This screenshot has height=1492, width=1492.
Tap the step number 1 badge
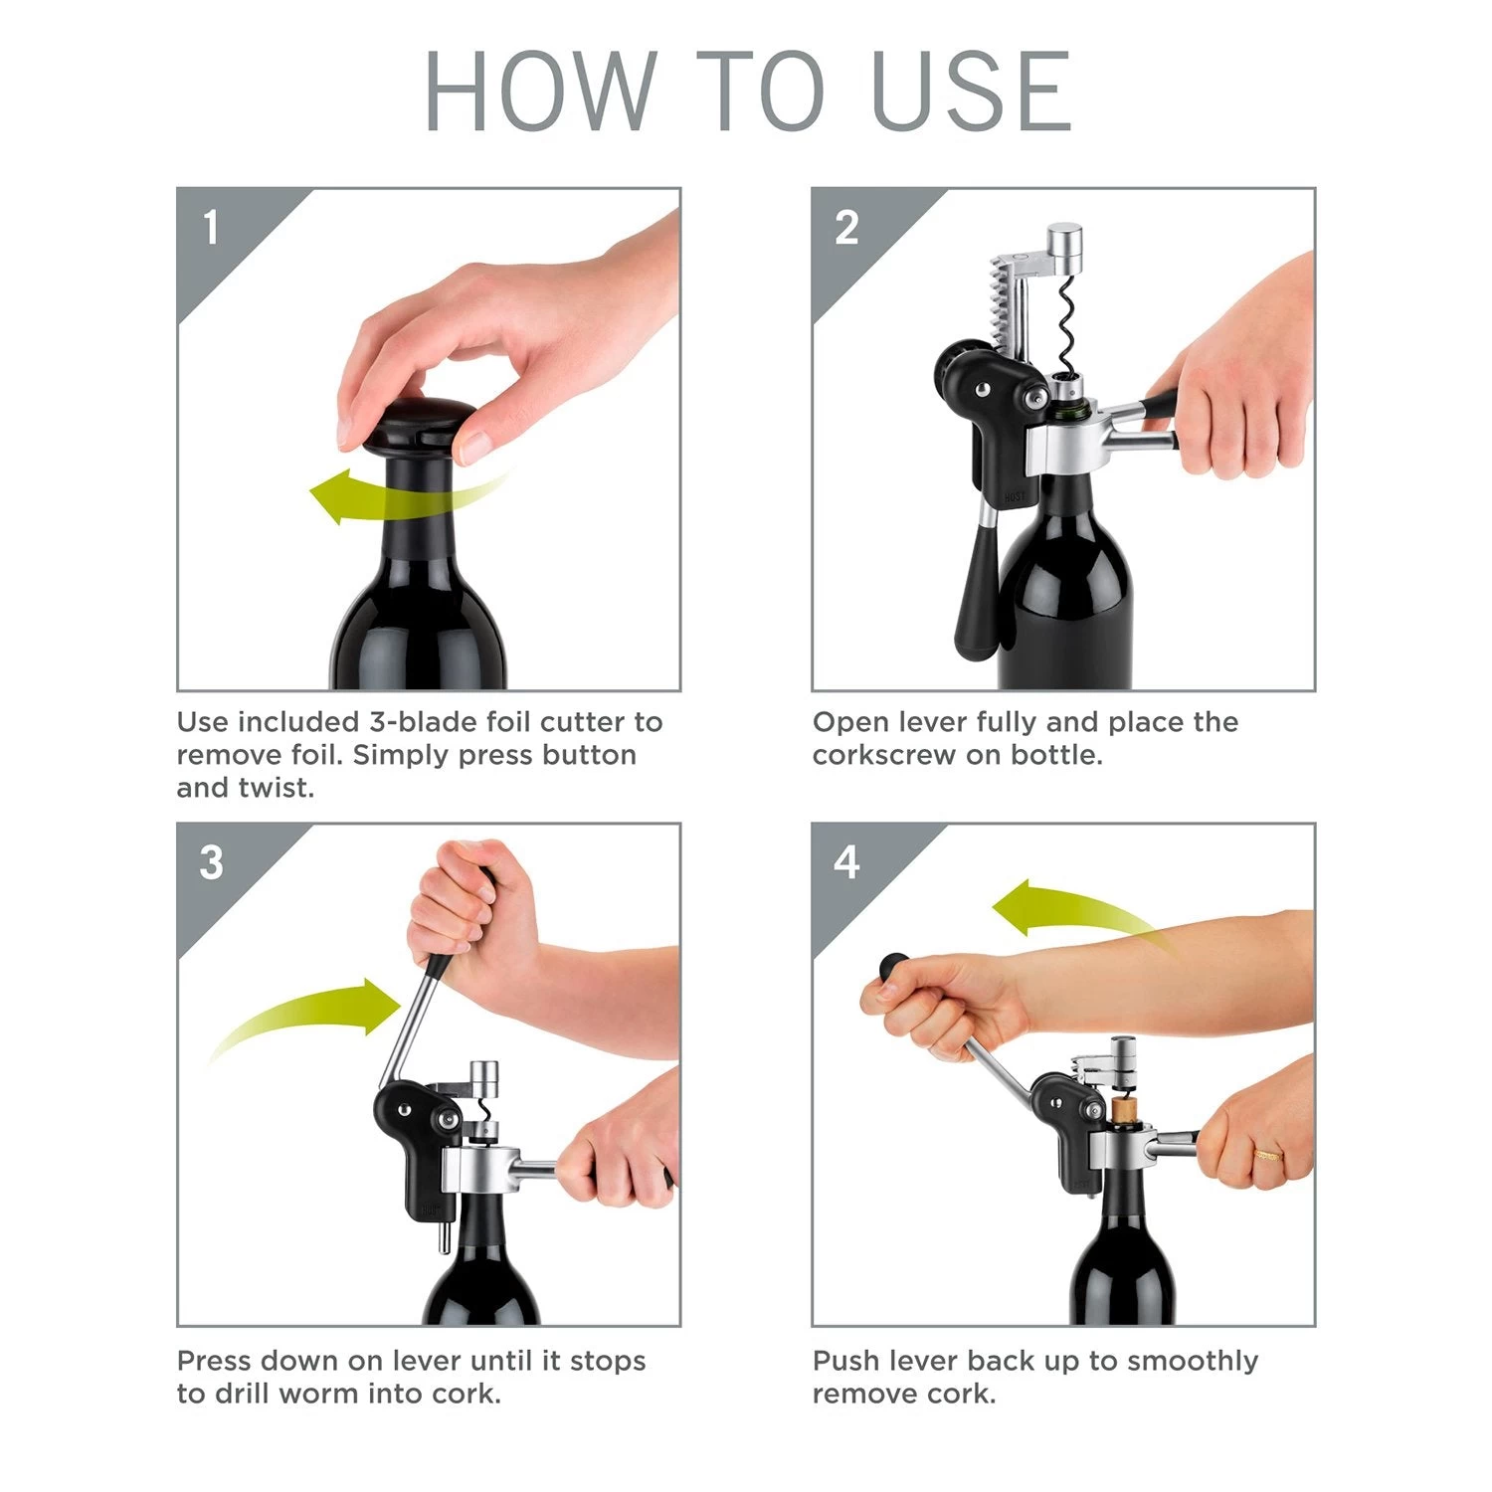tap(211, 228)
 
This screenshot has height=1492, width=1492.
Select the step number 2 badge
tap(846, 228)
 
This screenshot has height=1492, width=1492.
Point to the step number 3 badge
tap(211, 862)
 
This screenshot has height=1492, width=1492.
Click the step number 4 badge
tap(846, 862)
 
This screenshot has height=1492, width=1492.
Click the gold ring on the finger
tap(1267, 1155)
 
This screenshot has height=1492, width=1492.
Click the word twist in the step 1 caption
tap(277, 788)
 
